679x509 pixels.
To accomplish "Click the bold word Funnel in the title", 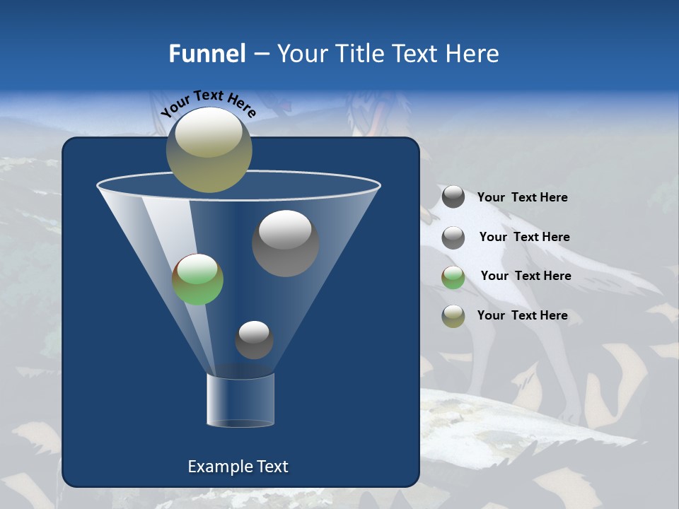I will pos(207,54).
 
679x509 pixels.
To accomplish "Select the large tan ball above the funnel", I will pos(209,151).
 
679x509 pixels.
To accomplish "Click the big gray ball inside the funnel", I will pos(285,243).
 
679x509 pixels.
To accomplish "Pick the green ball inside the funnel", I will pos(198,279).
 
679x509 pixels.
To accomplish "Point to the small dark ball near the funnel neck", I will pos(254,340).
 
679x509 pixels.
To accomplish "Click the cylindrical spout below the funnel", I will pos(240,401).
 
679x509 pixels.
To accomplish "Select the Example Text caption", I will pos(238,467).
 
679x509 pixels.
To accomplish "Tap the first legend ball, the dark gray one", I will pos(453,197).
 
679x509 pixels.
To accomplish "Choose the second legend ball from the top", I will pos(453,237).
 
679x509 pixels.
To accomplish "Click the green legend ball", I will pos(453,276).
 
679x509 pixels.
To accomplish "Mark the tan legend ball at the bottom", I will pos(453,316).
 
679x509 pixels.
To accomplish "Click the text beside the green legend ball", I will pos(526,276).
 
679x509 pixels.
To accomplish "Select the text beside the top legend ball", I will pos(522,197).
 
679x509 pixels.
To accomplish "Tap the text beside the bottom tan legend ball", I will pos(522,315).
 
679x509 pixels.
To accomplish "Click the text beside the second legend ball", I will pos(524,237).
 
